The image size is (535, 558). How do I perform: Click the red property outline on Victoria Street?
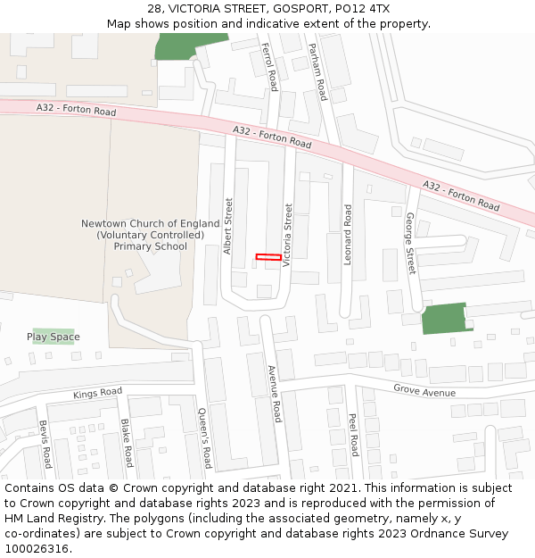tap(268, 257)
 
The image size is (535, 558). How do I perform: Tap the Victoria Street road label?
tap(287, 236)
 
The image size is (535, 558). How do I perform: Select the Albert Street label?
tap(228, 226)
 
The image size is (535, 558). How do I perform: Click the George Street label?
tap(410, 243)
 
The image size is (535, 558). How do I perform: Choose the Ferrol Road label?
tap(268, 65)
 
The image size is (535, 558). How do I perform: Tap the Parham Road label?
tap(317, 71)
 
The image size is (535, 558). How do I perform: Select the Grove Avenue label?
tap(424, 391)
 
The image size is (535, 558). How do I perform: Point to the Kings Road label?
tap(97, 393)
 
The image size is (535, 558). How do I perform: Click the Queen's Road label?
tap(203, 437)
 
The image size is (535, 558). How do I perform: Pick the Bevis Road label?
tap(45, 445)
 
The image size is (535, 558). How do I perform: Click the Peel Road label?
tap(353, 435)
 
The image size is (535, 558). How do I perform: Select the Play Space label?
tap(53, 337)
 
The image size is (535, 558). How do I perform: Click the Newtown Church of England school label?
tap(150, 235)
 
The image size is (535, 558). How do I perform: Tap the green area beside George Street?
tap(444, 319)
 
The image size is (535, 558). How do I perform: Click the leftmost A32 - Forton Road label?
tap(77, 110)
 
